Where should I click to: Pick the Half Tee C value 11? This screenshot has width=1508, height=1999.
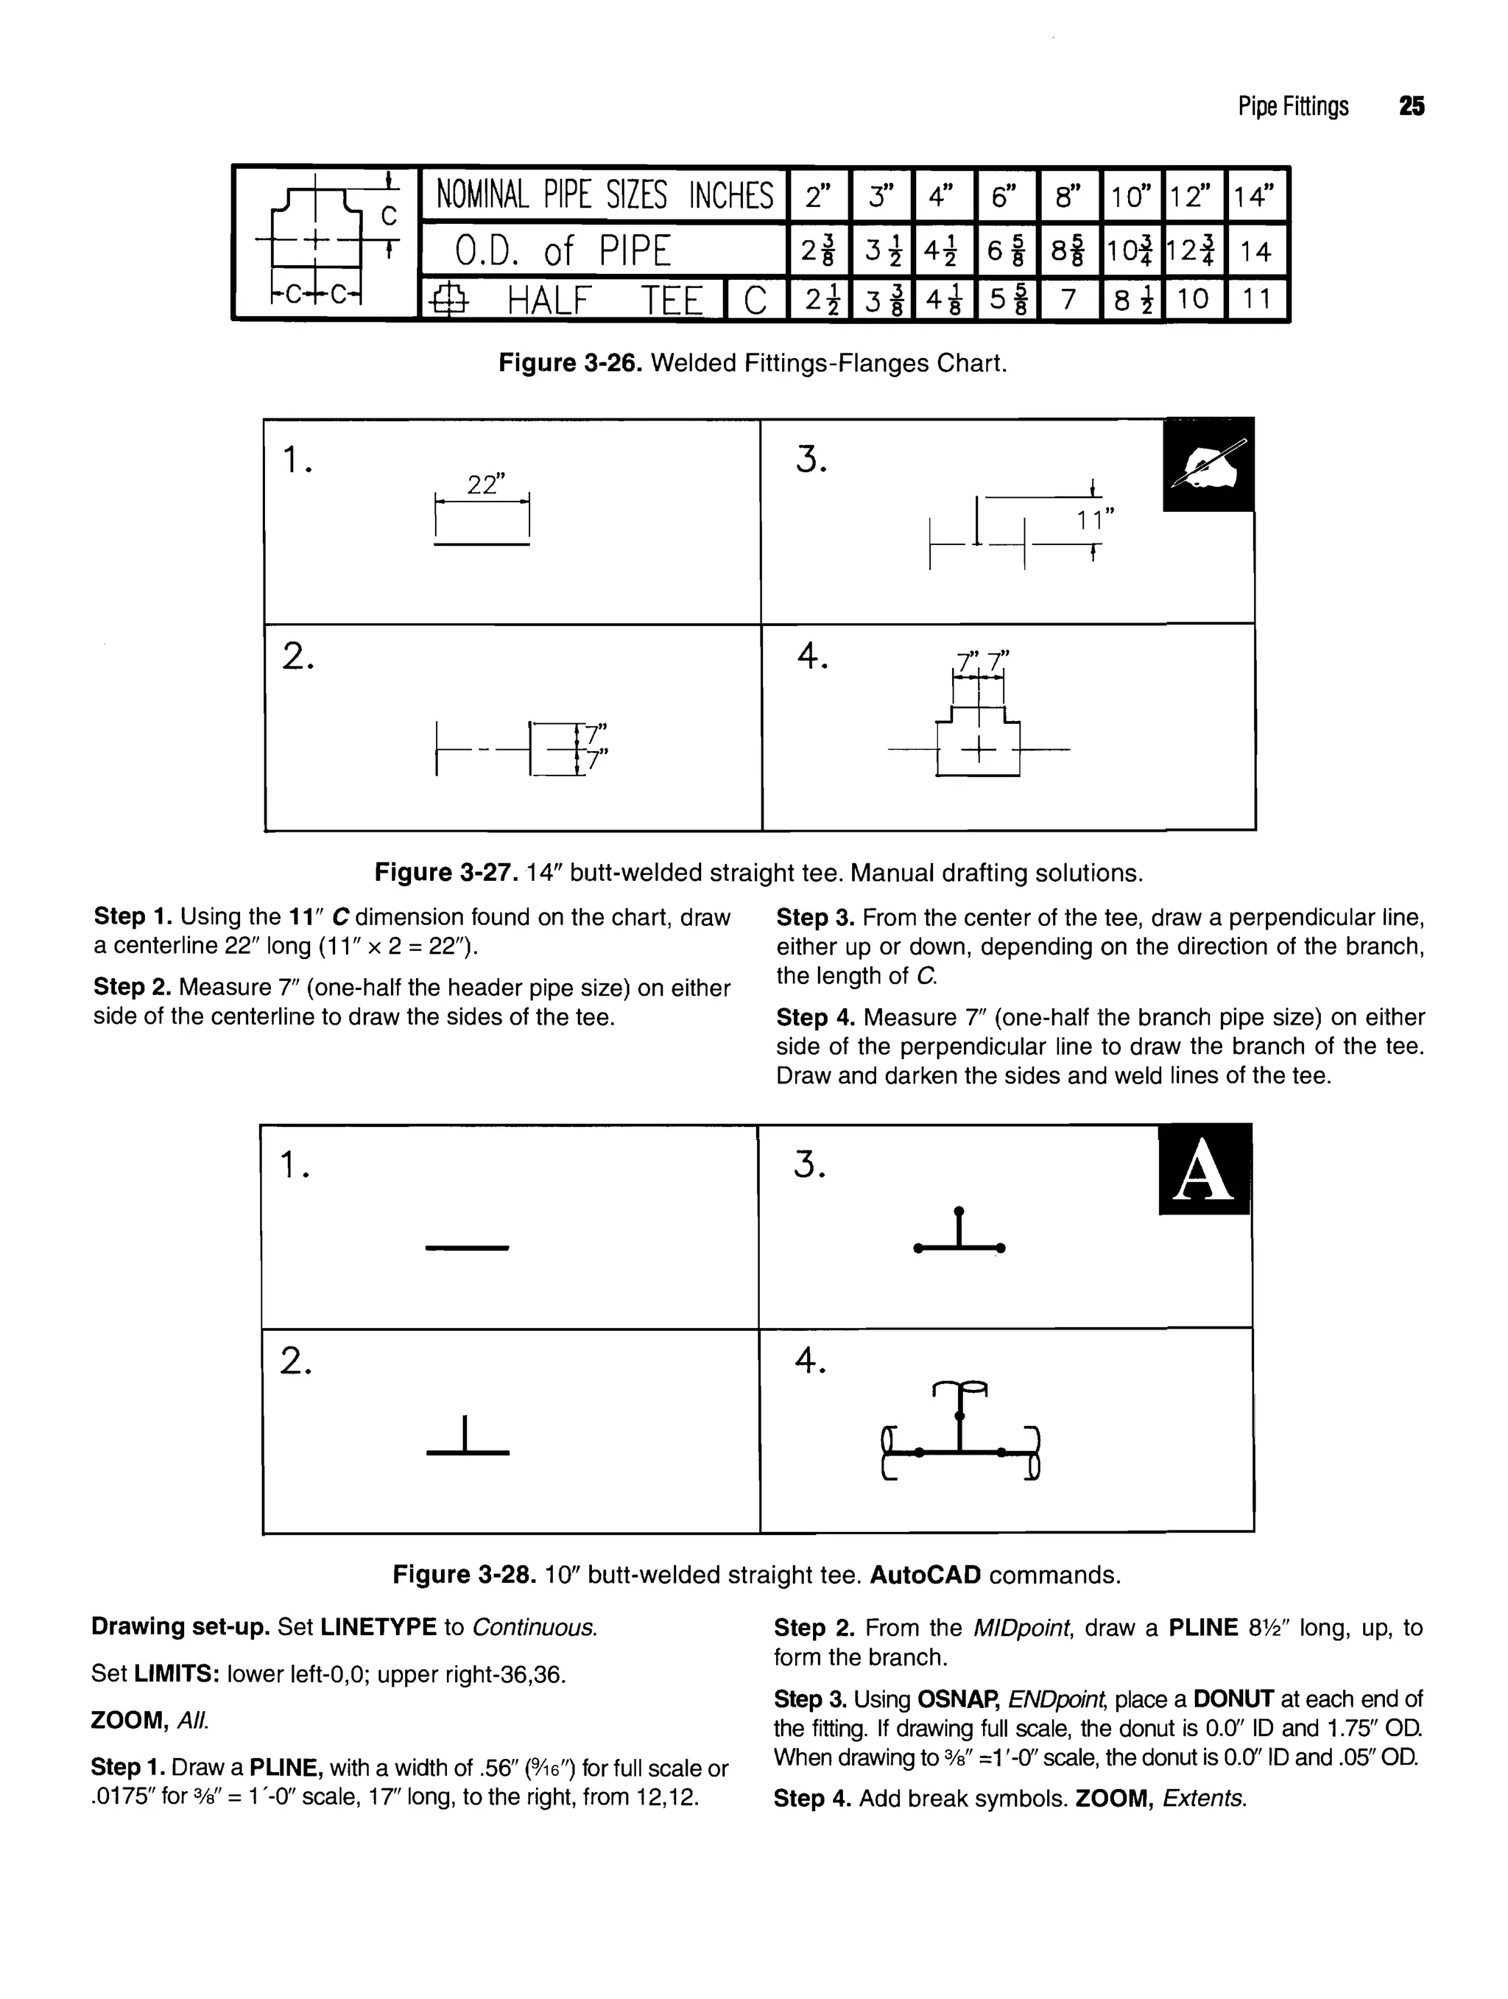coord(1255,299)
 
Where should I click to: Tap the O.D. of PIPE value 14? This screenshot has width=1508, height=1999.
coord(1255,251)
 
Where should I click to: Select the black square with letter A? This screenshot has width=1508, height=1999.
coord(1205,1170)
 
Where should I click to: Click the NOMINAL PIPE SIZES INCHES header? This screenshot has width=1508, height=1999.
coord(605,195)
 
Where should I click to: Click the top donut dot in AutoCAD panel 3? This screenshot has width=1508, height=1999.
coord(959,1210)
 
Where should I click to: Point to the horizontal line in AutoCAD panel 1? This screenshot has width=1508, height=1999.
coord(467,1249)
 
